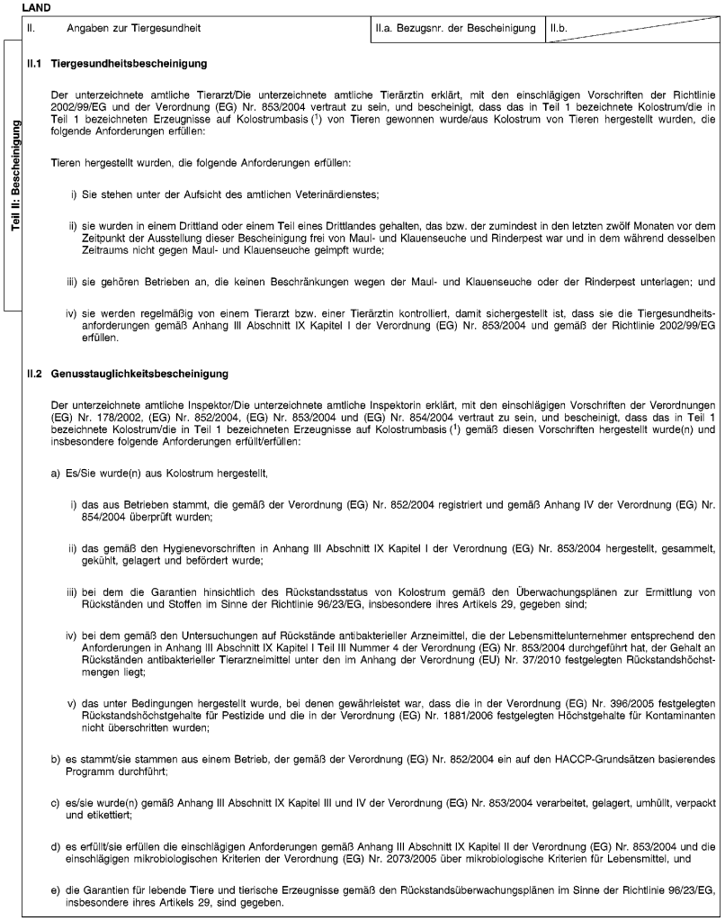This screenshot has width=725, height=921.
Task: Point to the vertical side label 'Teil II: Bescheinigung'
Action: click(x=13, y=171)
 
